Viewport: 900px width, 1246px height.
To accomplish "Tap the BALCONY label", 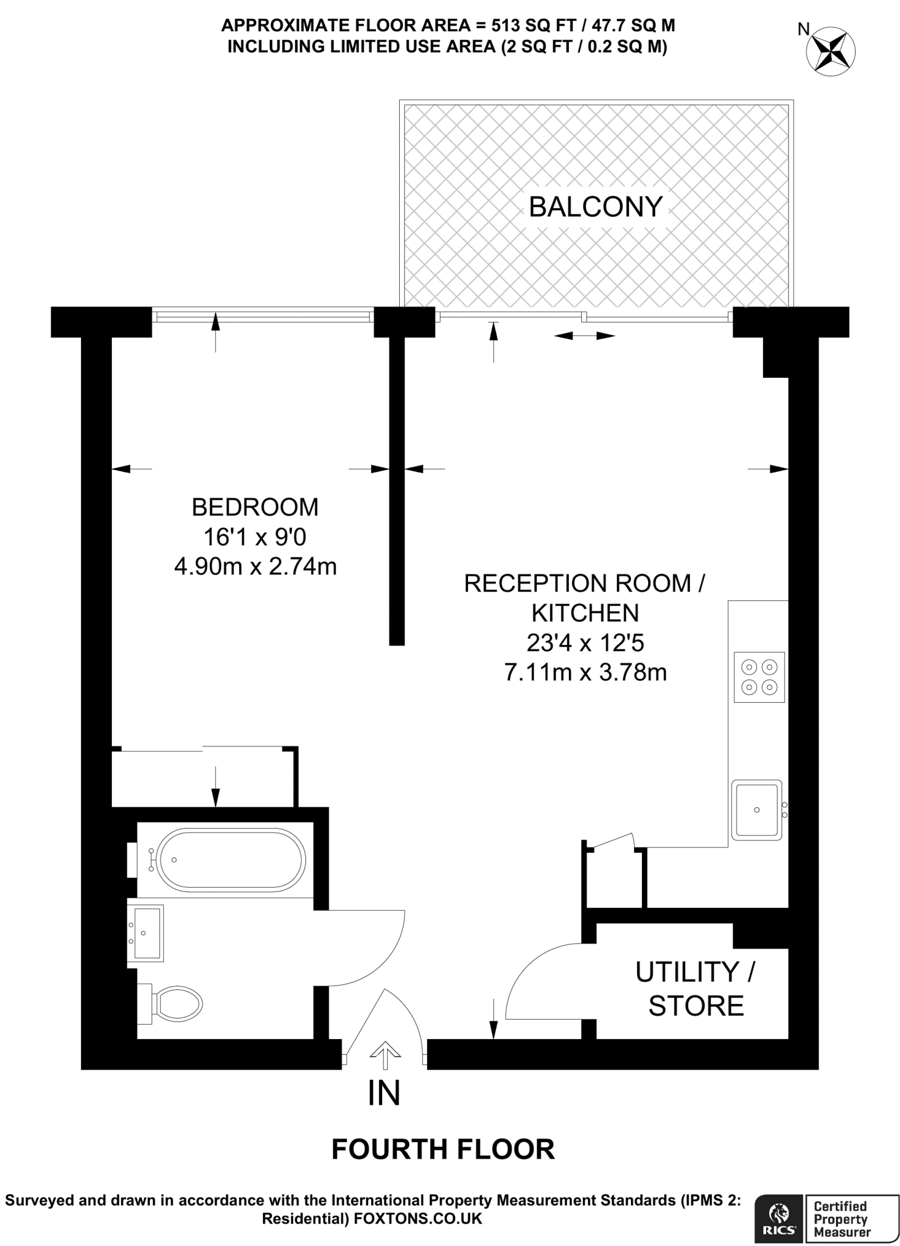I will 595,207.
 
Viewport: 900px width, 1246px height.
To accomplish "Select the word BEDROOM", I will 255,507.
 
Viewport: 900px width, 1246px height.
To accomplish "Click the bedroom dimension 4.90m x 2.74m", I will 255,566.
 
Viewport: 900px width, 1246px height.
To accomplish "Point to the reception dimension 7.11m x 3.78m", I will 585,672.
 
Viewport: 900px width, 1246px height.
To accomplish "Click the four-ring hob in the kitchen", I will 759,677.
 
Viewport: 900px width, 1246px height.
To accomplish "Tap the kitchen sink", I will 756,810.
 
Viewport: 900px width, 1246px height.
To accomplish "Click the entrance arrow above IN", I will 384,1055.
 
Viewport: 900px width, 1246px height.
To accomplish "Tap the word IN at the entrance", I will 384,1093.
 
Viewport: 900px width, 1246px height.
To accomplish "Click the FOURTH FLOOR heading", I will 443,1149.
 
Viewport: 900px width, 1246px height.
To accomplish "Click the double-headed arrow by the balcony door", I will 585,335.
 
